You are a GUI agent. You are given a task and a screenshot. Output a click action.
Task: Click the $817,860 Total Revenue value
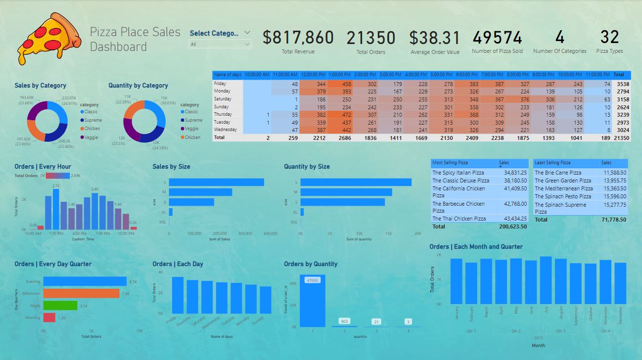click(x=298, y=38)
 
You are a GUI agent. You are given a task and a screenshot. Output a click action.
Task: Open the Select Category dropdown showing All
click(x=220, y=44)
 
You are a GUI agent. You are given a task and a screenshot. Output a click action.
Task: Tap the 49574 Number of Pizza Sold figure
click(x=497, y=38)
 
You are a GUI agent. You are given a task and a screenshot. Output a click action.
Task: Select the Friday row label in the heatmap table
click(x=220, y=84)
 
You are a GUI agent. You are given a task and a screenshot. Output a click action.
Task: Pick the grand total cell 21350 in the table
click(x=621, y=137)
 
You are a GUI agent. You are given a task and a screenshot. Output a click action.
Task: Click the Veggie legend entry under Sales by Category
click(x=91, y=137)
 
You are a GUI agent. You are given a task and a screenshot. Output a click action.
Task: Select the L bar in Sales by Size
click(x=216, y=182)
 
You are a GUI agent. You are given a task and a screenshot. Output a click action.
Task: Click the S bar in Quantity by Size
click(x=342, y=202)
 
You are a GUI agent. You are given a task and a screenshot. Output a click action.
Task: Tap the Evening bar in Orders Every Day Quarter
click(x=84, y=281)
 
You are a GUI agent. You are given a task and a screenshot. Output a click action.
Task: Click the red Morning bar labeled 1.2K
click(x=49, y=317)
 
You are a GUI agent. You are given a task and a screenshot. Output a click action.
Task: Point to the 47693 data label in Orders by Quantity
click(x=312, y=280)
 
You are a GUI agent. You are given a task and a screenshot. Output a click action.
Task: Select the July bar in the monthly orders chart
click(x=546, y=280)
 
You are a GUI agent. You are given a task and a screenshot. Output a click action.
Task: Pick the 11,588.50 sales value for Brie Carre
click(x=613, y=173)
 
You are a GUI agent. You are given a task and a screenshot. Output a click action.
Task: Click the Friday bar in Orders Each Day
click(x=178, y=295)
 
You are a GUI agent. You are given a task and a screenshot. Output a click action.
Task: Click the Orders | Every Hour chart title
click(x=43, y=167)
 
